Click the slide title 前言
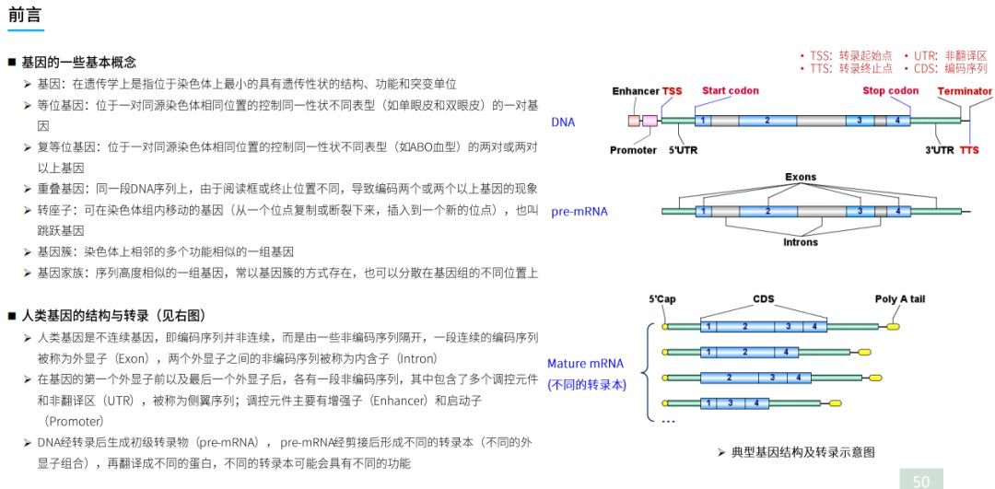[x=26, y=15]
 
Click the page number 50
[x=921, y=481]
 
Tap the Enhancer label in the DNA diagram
[x=636, y=91]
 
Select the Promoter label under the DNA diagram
[x=634, y=150]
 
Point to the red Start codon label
[x=731, y=90]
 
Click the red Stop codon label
[x=891, y=90]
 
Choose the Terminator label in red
[x=965, y=91]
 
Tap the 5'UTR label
[x=683, y=150]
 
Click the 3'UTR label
[x=940, y=150]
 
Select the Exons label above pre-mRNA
[x=801, y=177]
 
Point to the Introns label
[x=801, y=243]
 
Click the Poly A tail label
[x=899, y=298]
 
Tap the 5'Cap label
[x=662, y=298]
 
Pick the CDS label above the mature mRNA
[x=764, y=298]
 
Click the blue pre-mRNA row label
[x=579, y=212]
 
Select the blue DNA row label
[x=563, y=122]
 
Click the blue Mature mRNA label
[x=585, y=364]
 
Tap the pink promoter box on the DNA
[x=650, y=121]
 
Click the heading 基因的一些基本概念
[x=78, y=62]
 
